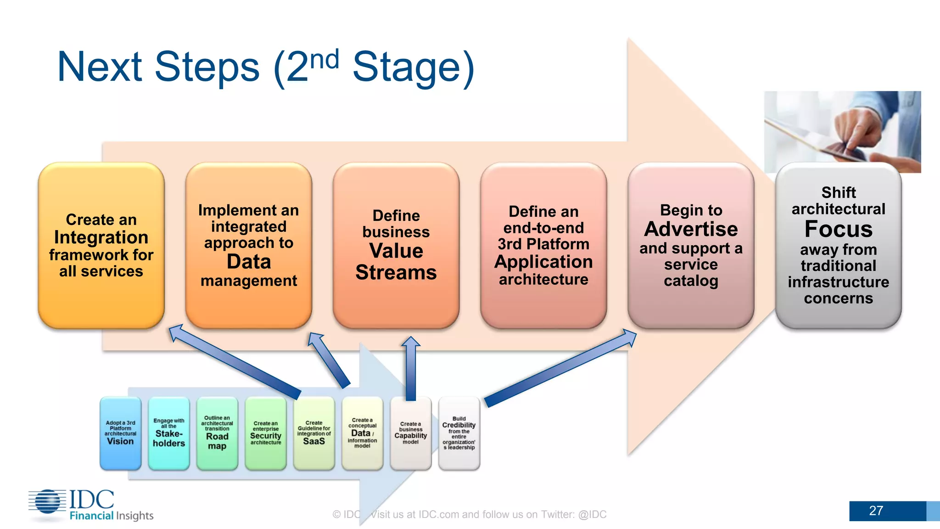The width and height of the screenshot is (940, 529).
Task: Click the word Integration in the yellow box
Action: tap(101, 237)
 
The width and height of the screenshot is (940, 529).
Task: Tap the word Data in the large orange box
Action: tap(249, 262)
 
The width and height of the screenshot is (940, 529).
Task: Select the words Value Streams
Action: tap(396, 262)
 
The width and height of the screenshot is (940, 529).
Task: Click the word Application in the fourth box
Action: tap(543, 262)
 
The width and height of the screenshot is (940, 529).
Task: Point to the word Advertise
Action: tap(691, 229)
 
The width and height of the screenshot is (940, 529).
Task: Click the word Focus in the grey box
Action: tap(838, 229)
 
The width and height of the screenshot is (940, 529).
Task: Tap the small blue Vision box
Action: tap(120, 433)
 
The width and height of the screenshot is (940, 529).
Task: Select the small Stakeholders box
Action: tap(169, 433)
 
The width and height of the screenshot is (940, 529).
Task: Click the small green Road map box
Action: tap(217, 433)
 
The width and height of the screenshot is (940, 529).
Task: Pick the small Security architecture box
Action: tap(266, 433)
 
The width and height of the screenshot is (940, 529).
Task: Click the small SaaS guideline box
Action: tap(314, 433)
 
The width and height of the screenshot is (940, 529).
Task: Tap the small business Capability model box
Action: tap(411, 433)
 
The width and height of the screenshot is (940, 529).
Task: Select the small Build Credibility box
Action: tap(459, 433)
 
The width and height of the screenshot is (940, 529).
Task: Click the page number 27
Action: tap(876, 511)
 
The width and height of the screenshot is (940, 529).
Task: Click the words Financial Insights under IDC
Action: tap(112, 516)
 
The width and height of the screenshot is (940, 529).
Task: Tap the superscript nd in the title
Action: tap(325, 60)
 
